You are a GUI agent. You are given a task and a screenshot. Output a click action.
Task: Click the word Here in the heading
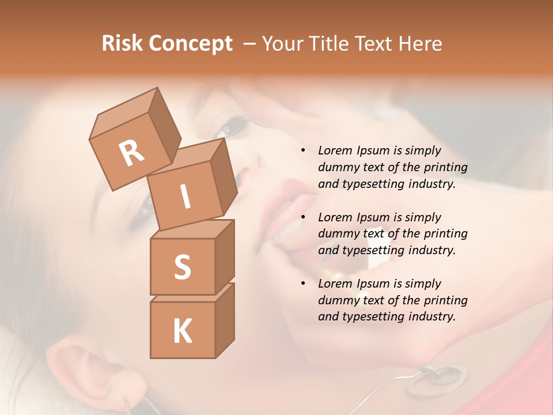coord(421,43)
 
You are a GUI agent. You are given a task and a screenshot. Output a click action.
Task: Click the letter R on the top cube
coord(132,153)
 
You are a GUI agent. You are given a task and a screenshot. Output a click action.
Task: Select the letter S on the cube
coord(182,267)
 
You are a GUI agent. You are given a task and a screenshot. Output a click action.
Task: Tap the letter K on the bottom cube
coord(182,331)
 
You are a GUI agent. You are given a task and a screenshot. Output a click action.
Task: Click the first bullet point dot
coord(303,151)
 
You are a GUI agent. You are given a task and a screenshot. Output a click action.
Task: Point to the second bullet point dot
coord(303,217)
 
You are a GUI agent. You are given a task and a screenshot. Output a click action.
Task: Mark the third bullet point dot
coord(303,284)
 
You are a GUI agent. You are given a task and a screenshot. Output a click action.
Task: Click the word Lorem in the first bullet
coord(334,151)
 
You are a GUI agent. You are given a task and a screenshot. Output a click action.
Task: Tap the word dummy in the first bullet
coord(336,168)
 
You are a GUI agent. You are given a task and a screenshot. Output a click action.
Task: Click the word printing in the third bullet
coord(445,300)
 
